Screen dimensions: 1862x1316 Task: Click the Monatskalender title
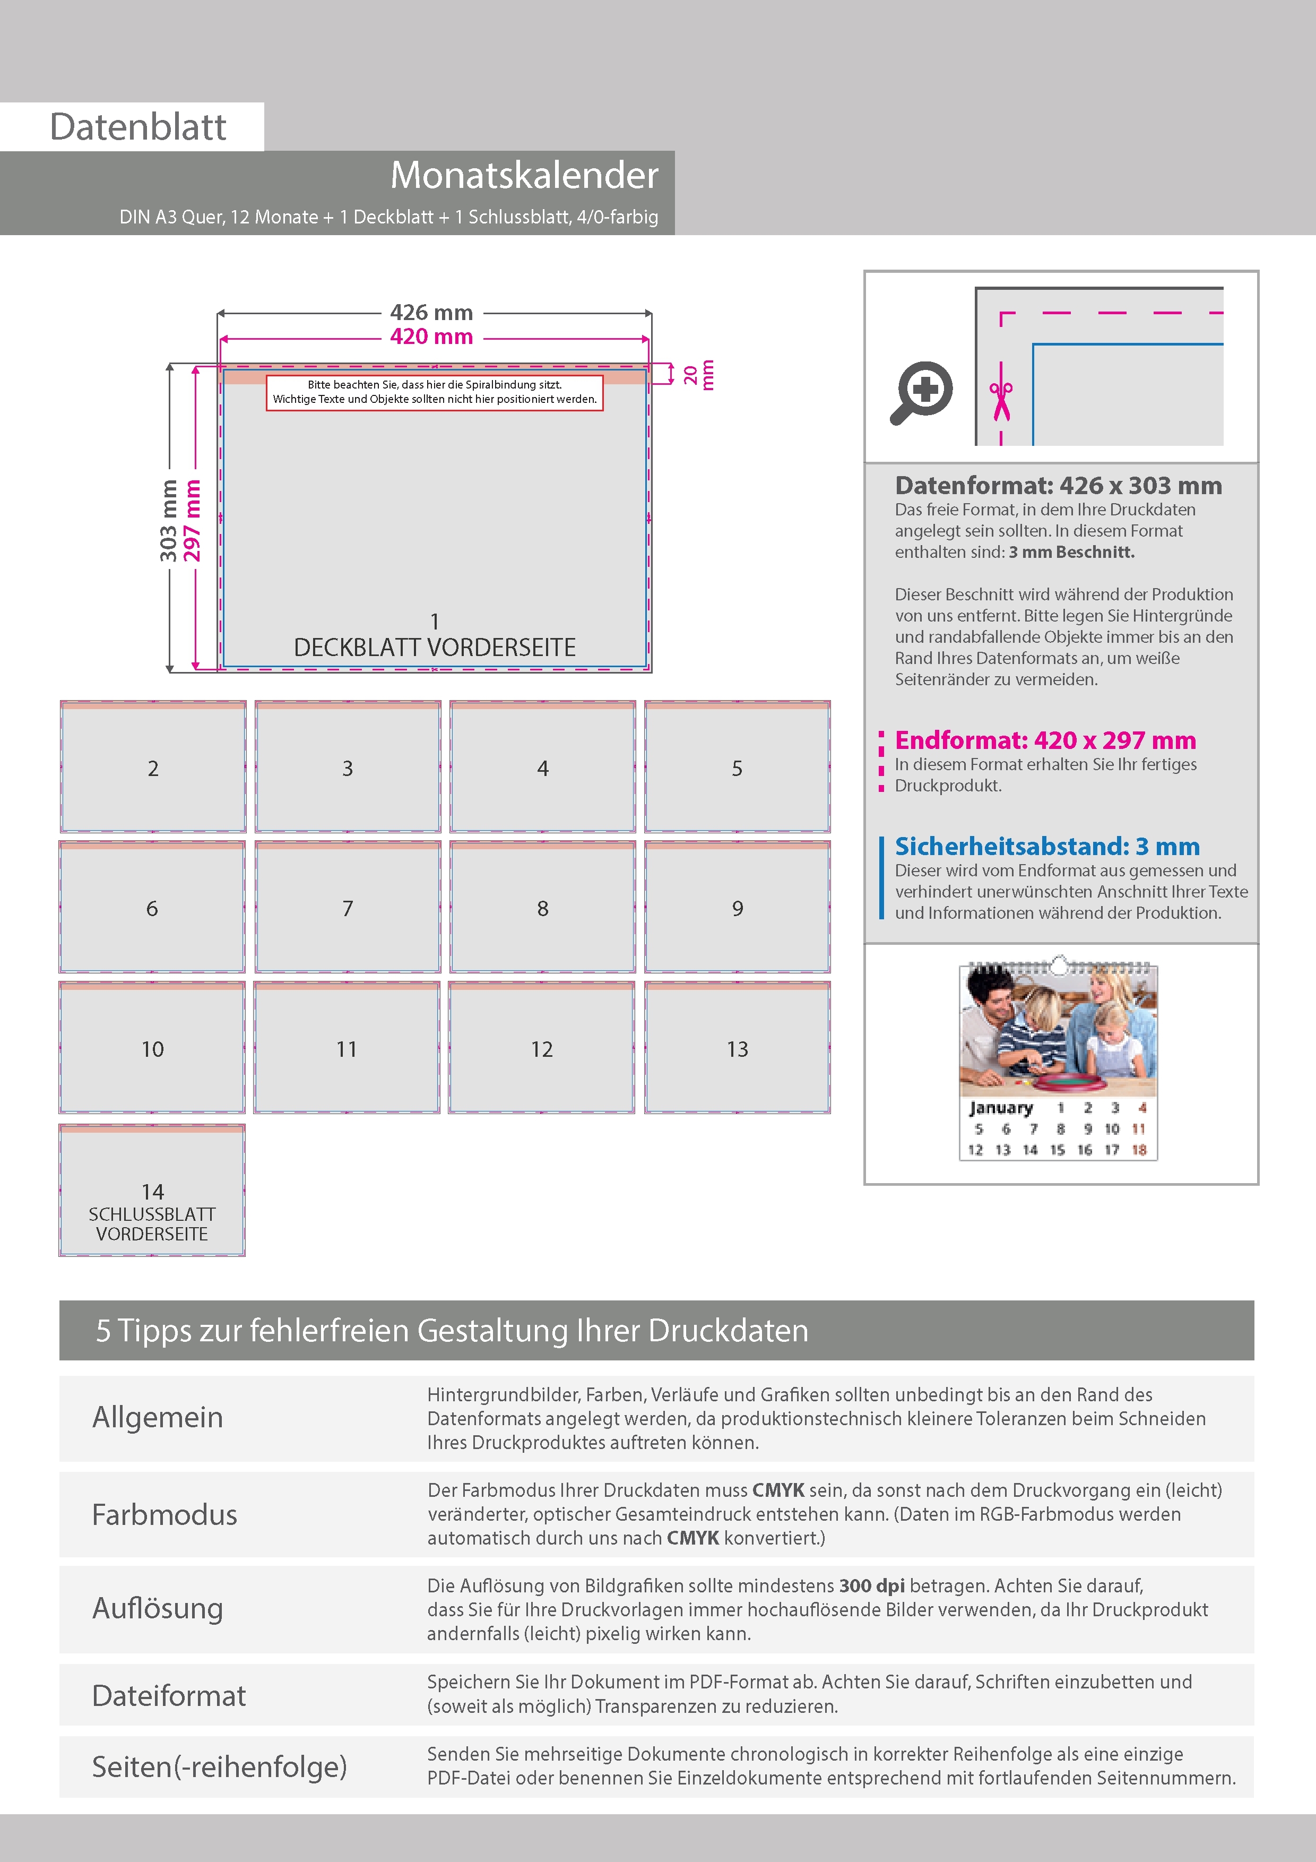pos(524,175)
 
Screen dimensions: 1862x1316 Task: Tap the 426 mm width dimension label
pos(431,312)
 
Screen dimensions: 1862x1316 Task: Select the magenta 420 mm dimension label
pos(431,337)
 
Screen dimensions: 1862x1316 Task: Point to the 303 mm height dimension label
pos(168,521)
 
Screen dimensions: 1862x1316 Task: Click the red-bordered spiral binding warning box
pos(435,392)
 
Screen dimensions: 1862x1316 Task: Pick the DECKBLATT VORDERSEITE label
pos(435,647)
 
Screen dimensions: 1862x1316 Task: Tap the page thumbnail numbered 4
pos(542,767)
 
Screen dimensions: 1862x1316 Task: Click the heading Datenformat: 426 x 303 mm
pos(1058,486)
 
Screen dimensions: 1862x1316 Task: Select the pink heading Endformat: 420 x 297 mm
pos(1045,740)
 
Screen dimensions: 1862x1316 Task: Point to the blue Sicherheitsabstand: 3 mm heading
pos(1047,847)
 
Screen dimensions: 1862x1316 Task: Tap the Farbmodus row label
pos(164,1515)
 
